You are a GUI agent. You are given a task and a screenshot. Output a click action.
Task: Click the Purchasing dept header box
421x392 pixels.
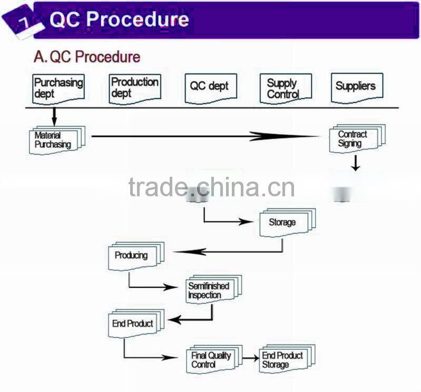click(58, 88)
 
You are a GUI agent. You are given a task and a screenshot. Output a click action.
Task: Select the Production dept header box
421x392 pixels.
click(134, 88)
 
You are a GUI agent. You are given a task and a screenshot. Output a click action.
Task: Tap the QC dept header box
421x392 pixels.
click(210, 87)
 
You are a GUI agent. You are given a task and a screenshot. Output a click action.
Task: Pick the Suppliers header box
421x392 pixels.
click(356, 86)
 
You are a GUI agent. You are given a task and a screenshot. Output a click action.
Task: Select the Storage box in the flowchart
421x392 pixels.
click(285, 223)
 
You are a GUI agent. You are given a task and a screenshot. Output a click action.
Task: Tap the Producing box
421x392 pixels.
click(133, 256)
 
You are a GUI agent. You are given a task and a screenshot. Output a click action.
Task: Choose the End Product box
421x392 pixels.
click(133, 323)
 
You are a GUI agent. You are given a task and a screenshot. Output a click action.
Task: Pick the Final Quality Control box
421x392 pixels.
click(212, 359)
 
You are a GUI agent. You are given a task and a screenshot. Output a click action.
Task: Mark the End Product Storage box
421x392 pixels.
click(284, 359)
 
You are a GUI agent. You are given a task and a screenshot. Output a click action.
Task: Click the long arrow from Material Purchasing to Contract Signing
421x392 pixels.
click(205, 136)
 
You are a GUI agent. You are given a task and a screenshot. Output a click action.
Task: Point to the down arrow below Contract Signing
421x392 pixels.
click(356, 163)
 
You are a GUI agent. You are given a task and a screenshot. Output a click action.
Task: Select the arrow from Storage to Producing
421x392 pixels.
click(227, 252)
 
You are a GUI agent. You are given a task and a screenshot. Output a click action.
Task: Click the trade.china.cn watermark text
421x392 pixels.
click(211, 188)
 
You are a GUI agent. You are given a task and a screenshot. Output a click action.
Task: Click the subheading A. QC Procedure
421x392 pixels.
click(87, 57)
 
